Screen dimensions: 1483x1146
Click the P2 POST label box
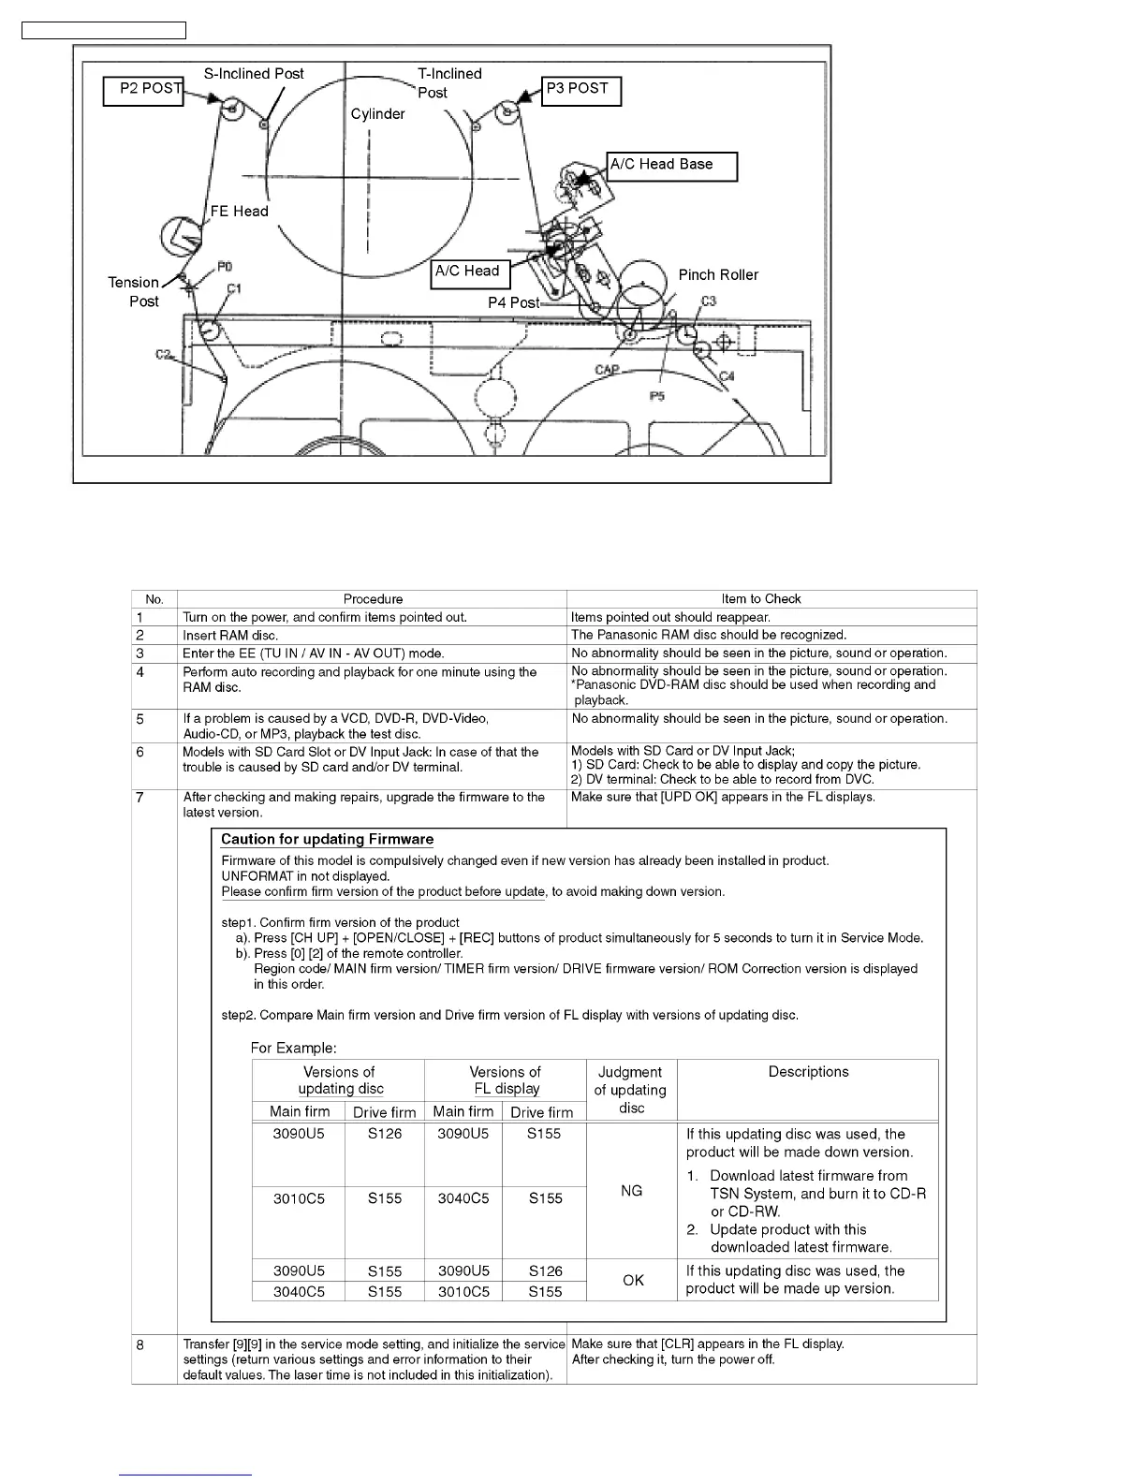coord(143,91)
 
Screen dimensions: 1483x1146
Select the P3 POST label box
coord(580,90)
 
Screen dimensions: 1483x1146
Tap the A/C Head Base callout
coord(671,166)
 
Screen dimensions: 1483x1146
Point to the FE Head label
coord(239,212)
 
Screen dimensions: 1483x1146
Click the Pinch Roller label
coord(718,275)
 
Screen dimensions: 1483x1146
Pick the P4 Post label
coord(513,303)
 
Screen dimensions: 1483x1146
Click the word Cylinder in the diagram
coord(377,114)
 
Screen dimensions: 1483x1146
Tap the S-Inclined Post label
coord(254,74)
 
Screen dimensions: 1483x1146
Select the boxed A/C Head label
coord(469,272)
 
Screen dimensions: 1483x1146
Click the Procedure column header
coord(373,599)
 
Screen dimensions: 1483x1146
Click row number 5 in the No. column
coord(140,719)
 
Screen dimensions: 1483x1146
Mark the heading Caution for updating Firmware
coord(327,840)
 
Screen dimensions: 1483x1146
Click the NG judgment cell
coord(632,1191)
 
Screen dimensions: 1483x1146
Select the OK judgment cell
coord(633,1280)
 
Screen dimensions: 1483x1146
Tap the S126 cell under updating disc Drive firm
coord(385,1134)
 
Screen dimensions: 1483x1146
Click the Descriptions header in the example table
coord(808,1072)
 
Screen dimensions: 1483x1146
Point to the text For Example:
coord(294,1048)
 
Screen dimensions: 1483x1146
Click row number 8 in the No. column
coord(140,1345)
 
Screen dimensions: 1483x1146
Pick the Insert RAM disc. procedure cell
coord(230,636)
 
